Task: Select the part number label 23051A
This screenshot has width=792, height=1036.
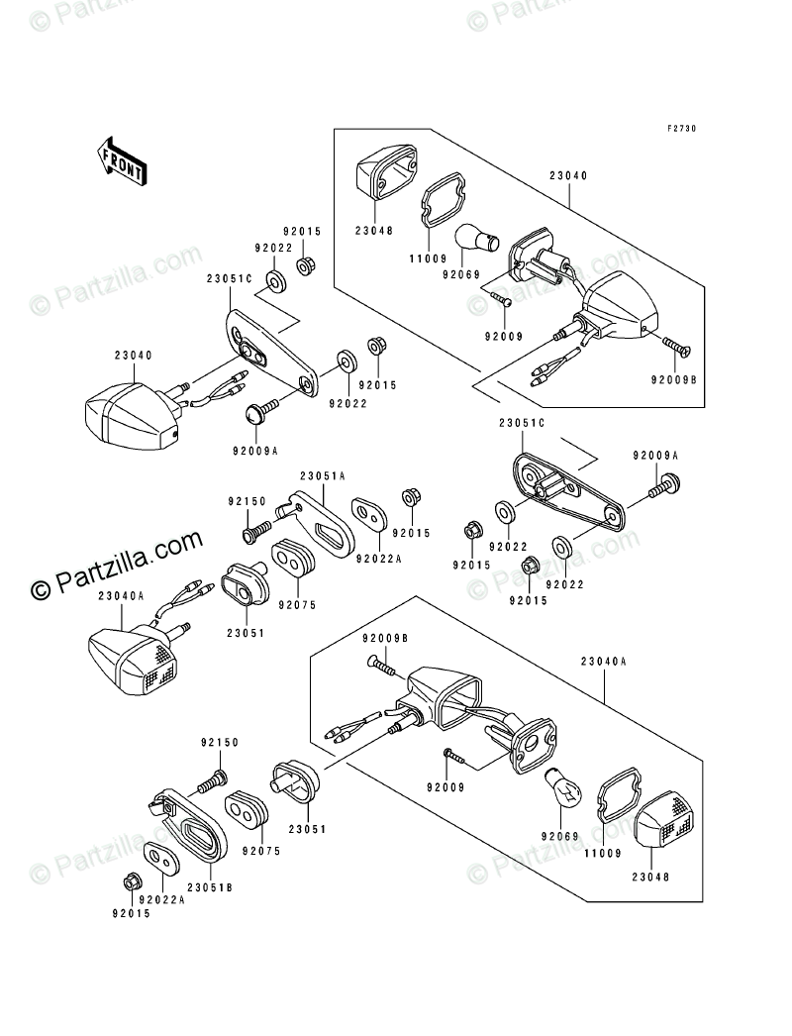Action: click(323, 475)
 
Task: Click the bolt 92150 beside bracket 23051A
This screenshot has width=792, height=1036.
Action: click(254, 533)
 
